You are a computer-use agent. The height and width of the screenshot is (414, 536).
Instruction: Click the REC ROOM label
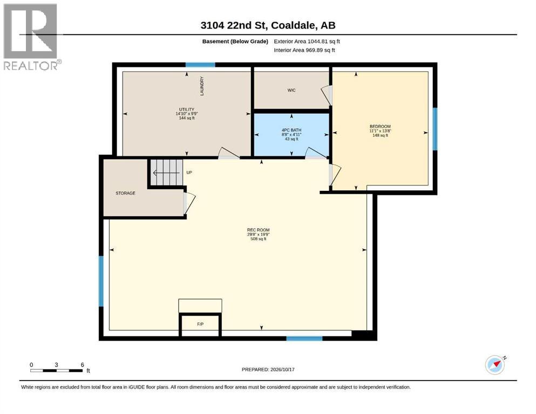(x=259, y=230)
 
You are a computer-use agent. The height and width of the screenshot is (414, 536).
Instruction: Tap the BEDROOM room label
(x=380, y=126)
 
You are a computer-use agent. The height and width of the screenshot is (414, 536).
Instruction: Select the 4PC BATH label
(x=291, y=130)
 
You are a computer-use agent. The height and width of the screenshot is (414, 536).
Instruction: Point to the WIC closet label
(x=291, y=90)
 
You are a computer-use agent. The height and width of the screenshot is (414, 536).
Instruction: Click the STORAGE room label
(x=125, y=193)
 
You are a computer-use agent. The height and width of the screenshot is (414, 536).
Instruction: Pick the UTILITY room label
(x=187, y=109)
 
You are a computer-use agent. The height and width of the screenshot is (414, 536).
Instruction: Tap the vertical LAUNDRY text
(x=202, y=86)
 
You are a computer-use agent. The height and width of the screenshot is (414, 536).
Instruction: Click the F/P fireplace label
(x=200, y=324)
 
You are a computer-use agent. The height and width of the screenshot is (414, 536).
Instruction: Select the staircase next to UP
(x=166, y=172)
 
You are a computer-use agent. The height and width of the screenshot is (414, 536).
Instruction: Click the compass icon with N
(x=496, y=365)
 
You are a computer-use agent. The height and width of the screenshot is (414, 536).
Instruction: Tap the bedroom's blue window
(x=435, y=129)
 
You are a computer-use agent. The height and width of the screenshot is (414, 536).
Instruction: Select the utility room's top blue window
(x=200, y=65)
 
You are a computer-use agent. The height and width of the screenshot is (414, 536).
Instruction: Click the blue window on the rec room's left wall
(x=101, y=281)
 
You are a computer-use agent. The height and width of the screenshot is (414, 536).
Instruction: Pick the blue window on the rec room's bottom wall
(x=304, y=339)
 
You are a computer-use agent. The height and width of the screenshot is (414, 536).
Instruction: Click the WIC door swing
(x=327, y=95)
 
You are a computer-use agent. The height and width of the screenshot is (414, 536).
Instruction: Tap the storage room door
(x=189, y=203)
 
